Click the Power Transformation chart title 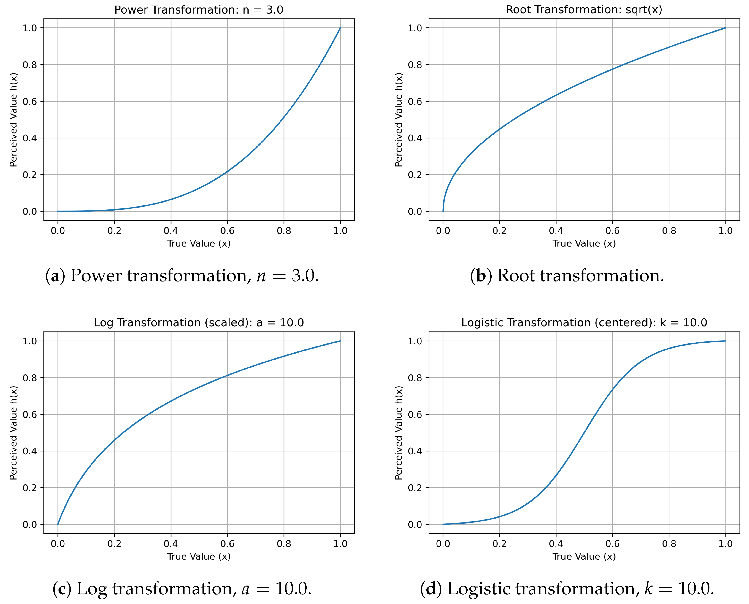[x=199, y=10]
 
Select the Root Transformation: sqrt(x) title [x=584, y=10]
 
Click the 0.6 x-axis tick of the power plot [x=227, y=231]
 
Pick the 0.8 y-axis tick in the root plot [x=415, y=65]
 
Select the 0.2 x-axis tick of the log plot [x=114, y=544]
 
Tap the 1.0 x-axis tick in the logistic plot [x=725, y=544]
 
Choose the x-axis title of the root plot [x=584, y=244]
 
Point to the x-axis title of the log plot [x=199, y=556]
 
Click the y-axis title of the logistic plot [x=398, y=433]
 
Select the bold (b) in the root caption [x=481, y=276]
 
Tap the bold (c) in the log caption [x=62, y=589]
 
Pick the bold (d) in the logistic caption [x=431, y=589]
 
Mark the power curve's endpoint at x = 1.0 [x=340, y=28]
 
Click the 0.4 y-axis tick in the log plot [x=30, y=451]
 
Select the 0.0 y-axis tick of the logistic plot [x=415, y=525]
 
